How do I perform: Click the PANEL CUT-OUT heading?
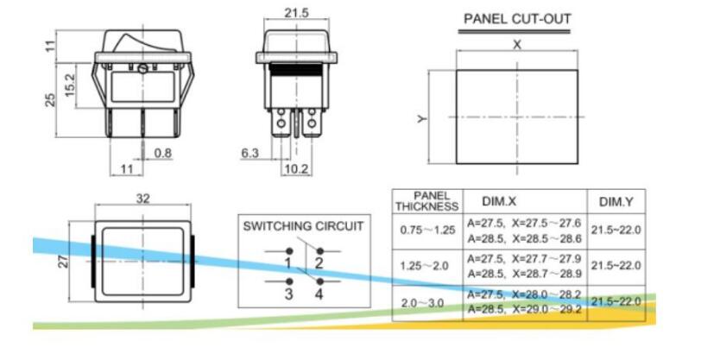[x=517, y=18]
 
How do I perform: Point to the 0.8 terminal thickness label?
[x=162, y=154]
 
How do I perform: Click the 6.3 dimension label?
[x=249, y=154]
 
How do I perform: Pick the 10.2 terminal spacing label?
[x=296, y=168]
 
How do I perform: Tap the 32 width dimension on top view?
[x=142, y=199]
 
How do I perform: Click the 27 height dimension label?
[x=63, y=260]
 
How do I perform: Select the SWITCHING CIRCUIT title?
[x=303, y=226]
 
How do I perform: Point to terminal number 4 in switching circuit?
[x=319, y=294]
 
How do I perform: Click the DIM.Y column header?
[x=616, y=202]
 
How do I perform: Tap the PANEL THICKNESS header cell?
[x=426, y=201]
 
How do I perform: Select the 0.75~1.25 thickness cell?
[x=426, y=231]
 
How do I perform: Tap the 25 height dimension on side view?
[x=50, y=99]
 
